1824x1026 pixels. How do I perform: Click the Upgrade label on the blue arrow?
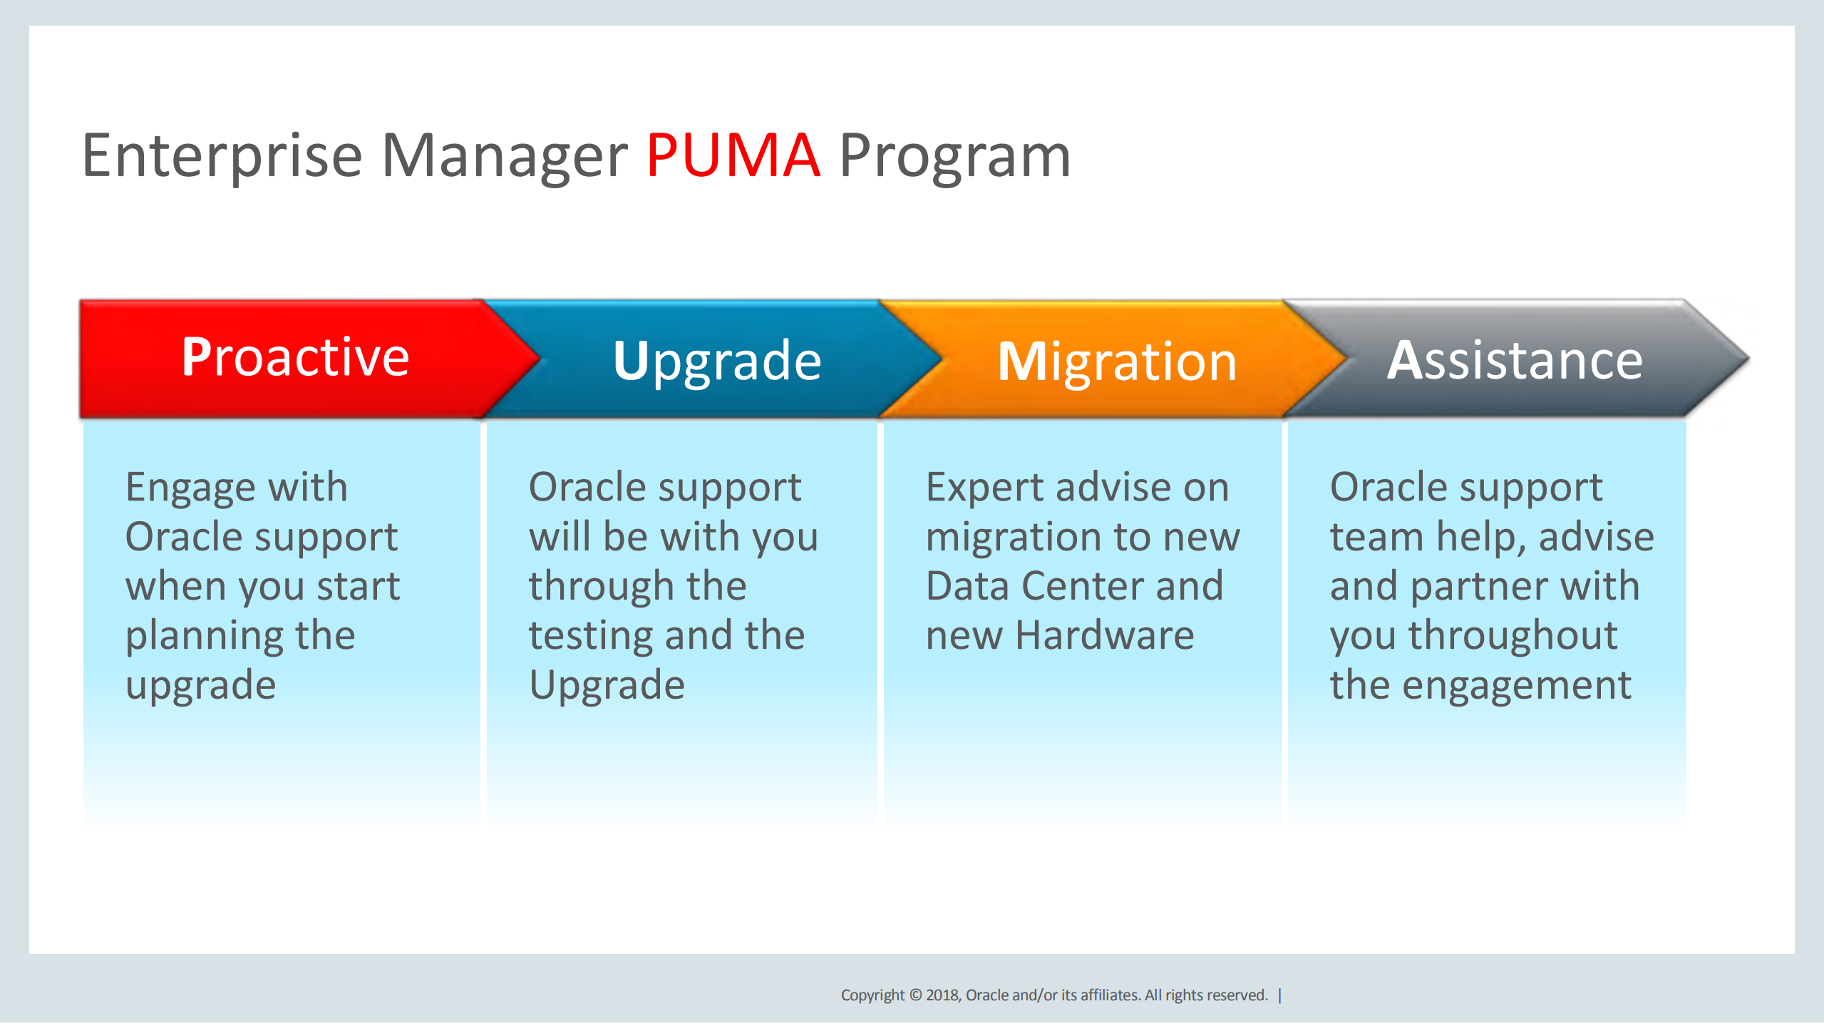716,361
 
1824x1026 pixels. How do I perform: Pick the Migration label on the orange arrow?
1116,362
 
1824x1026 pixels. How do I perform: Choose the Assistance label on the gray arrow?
1514,361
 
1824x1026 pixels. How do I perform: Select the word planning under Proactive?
204,636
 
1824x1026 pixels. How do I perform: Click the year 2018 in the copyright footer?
942,995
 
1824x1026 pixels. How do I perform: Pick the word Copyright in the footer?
872,995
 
